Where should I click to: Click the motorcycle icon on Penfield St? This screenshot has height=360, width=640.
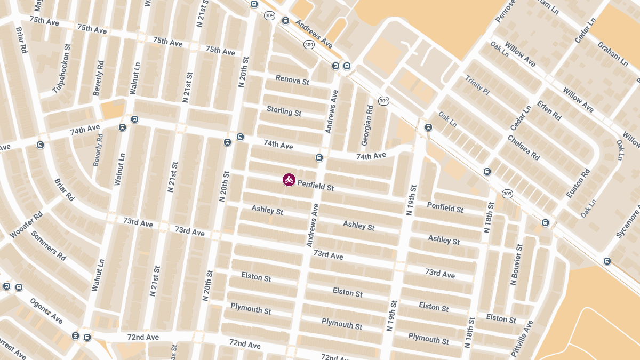[x=289, y=180]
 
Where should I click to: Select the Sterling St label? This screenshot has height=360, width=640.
[x=284, y=111]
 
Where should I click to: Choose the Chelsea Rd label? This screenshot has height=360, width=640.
[x=523, y=148]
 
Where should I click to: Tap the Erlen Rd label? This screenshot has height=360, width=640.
[x=549, y=110]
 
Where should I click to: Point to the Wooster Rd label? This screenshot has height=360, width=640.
[x=26, y=226]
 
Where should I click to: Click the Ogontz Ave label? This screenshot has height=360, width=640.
[x=46, y=311]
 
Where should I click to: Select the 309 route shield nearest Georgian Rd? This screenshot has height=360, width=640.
[x=383, y=101]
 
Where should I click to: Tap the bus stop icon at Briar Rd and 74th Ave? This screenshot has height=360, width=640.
[x=40, y=145]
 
